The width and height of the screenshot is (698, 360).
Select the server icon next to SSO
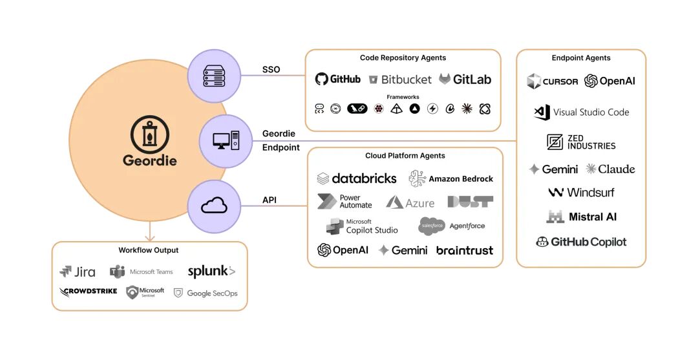tap(214, 76)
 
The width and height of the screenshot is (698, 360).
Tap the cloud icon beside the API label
tap(214, 206)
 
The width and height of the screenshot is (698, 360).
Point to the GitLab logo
tap(465, 79)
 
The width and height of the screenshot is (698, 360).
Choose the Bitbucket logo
tap(399, 79)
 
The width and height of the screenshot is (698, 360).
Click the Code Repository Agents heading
tap(403, 58)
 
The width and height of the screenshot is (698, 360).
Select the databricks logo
tap(357, 178)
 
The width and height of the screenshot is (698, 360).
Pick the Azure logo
tap(410, 202)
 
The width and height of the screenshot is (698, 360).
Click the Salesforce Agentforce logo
tap(451, 226)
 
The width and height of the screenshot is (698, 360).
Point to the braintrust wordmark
tap(464, 250)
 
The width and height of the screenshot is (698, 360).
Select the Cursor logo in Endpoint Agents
tap(552, 81)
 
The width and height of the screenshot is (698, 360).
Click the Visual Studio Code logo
tap(581, 112)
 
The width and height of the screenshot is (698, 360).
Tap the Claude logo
tap(610, 169)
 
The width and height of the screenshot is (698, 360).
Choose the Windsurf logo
tap(581, 192)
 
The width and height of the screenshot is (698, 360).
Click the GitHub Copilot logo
tap(581, 242)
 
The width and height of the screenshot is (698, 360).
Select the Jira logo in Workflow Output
tap(78, 271)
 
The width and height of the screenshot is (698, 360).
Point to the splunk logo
tap(211, 271)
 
